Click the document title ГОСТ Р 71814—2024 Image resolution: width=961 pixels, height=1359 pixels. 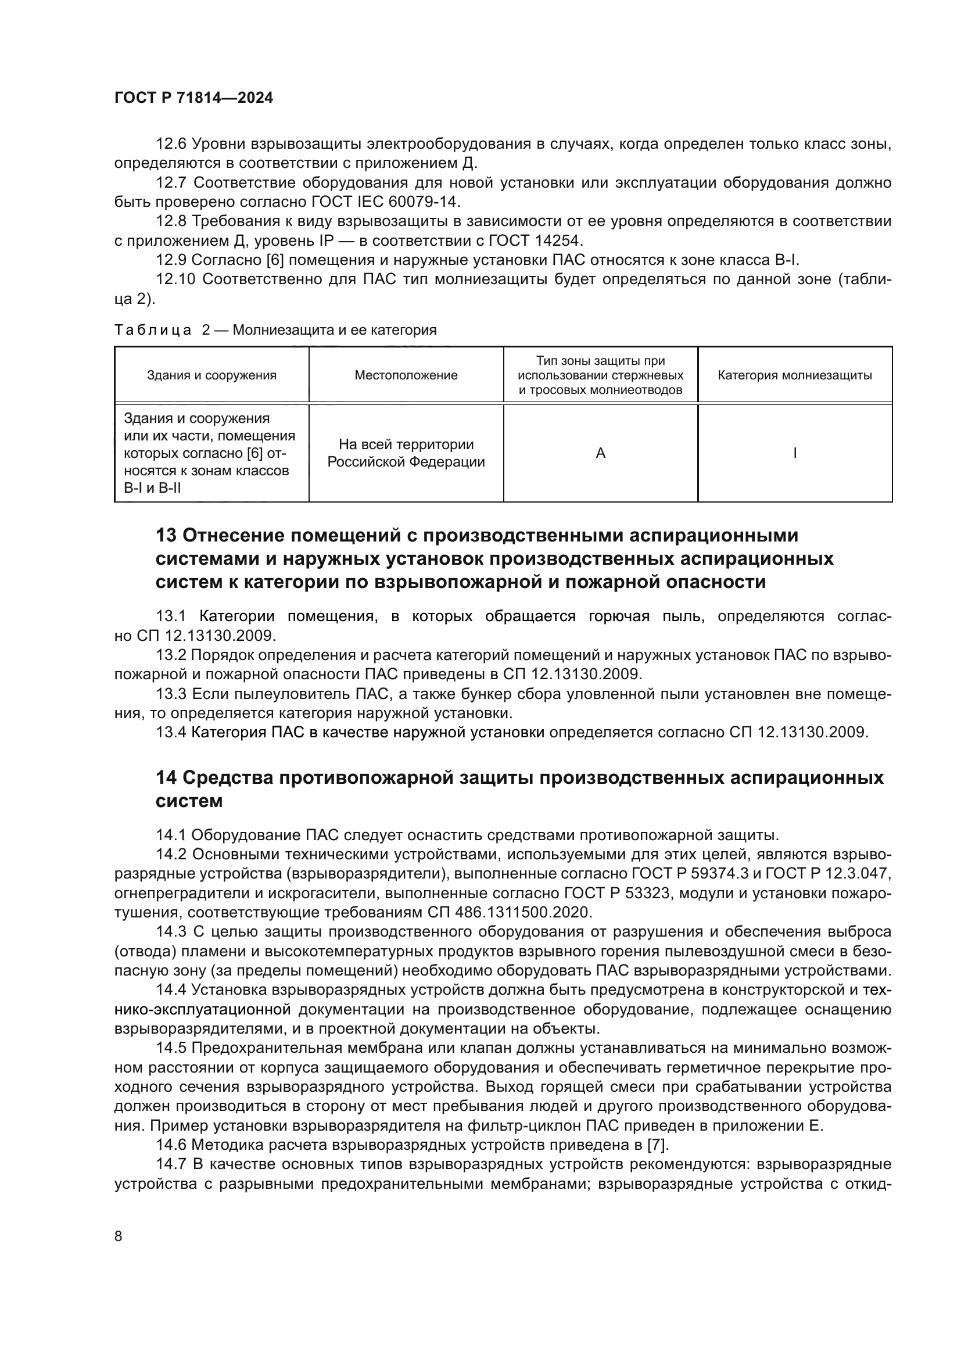pos(193,98)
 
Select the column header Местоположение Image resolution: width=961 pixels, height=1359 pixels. pos(406,375)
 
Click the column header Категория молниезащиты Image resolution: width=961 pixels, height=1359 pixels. pos(795,375)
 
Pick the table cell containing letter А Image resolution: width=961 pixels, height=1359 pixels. pos(601,453)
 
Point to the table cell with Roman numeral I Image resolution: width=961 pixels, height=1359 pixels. pos(795,453)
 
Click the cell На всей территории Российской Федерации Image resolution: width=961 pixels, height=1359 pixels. pos(406,453)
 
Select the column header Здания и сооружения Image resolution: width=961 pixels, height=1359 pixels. pos(211,375)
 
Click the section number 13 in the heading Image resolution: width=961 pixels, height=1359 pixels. pos(166,536)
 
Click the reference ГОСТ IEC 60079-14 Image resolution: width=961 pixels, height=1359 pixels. pos(385,202)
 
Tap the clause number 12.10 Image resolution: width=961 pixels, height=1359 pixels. pos(175,279)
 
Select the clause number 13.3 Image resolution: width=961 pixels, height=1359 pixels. pos(171,694)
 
